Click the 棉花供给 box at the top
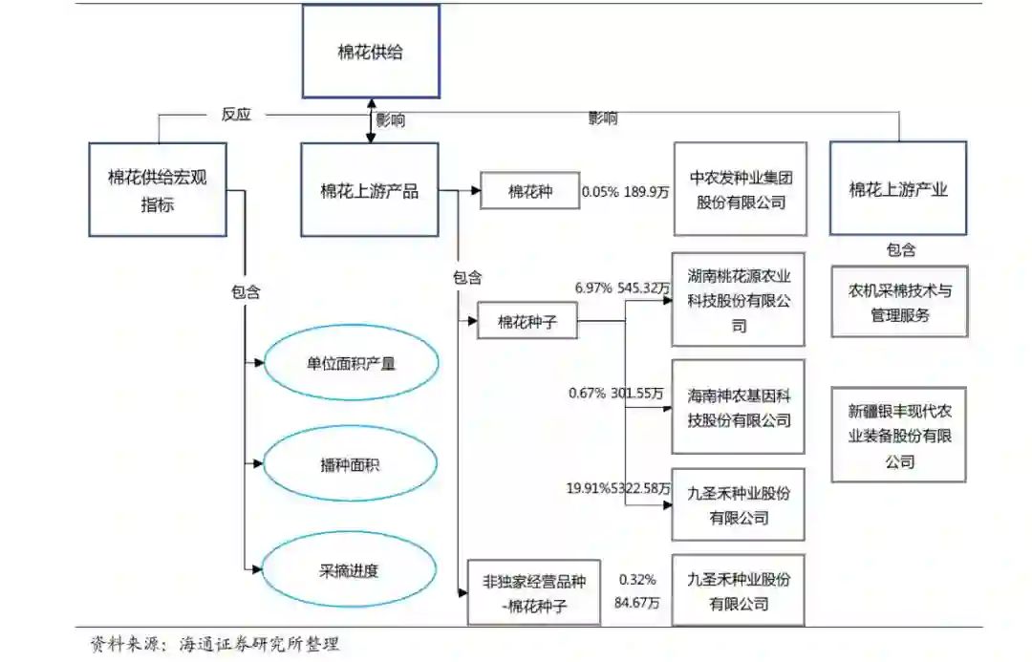tap(371, 52)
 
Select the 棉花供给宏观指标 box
tap(157, 189)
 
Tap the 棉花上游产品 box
tap(369, 189)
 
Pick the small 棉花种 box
tap(530, 191)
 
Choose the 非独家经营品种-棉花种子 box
tap(533, 592)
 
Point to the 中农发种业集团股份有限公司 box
tap(740, 189)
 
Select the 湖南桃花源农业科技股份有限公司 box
tap(739, 300)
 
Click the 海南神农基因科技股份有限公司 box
tap(739, 407)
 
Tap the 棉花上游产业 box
tap(897, 189)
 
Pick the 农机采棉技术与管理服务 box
tap(899, 302)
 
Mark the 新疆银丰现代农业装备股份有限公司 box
tap(899, 435)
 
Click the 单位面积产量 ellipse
tap(351, 363)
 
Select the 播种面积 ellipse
tap(351, 465)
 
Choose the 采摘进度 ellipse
tap(351, 570)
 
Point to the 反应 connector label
tap(236, 115)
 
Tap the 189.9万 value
tap(647, 192)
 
